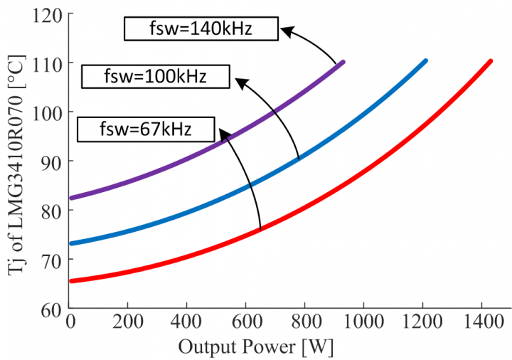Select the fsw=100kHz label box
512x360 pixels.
pos(155,77)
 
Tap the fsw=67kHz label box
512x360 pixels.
pos(146,129)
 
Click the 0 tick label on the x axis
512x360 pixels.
pos(70,322)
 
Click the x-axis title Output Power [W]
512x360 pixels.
pos(256,347)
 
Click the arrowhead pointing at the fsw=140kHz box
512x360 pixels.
pos(284,31)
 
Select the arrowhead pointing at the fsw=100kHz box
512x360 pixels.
pos(240,83)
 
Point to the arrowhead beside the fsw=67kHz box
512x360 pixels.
pos(223,133)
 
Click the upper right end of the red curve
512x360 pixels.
pos(490,61)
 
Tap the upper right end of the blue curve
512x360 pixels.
pos(425,61)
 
